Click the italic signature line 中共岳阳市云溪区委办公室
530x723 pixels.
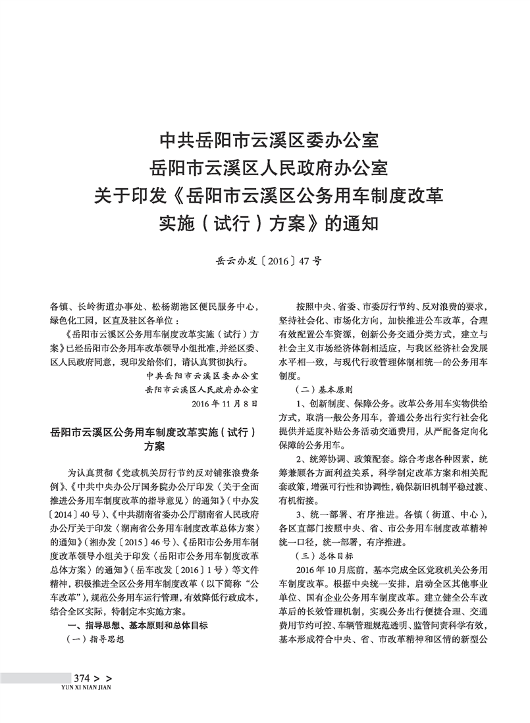(203, 376)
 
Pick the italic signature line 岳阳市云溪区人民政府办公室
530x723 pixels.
(203, 388)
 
